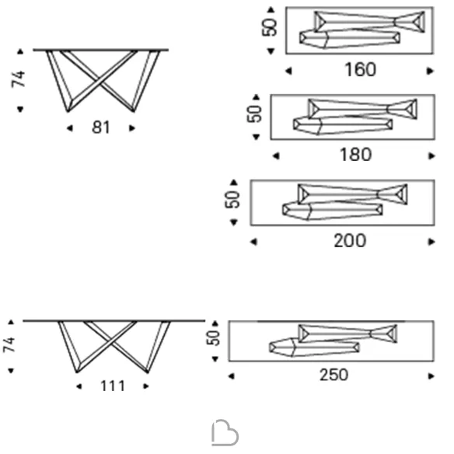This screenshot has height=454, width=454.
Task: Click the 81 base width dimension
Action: [x=101, y=127]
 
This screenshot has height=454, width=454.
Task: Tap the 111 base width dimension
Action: [x=113, y=386]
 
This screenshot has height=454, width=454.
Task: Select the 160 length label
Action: [x=360, y=70]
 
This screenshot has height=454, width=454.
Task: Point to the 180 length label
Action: [x=355, y=155]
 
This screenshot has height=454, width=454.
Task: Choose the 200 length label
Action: [x=350, y=241]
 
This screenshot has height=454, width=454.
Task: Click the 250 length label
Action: [x=334, y=375]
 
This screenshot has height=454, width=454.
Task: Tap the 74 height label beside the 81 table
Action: [x=18, y=79]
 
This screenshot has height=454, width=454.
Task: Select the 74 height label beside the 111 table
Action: [x=9, y=344]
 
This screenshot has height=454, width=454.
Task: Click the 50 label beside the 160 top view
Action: [x=269, y=27]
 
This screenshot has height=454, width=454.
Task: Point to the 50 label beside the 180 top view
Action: [x=254, y=113]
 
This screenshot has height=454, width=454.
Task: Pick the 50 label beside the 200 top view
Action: [x=232, y=199]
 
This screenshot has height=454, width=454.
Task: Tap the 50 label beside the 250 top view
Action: [x=213, y=337]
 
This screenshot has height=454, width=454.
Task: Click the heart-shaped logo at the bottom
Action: [x=225, y=434]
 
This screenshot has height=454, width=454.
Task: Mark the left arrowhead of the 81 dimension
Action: [x=69, y=128]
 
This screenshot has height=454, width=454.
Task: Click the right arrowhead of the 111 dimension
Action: [x=146, y=386]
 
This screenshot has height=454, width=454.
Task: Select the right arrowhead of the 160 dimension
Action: [x=430, y=71]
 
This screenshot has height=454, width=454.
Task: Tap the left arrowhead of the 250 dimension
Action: [x=231, y=376]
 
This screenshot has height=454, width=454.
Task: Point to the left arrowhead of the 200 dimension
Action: [x=253, y=242]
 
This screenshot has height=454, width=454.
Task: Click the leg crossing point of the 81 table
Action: [x=99, y=80]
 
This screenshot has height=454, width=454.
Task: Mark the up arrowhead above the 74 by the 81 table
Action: [x=20, y=51]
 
